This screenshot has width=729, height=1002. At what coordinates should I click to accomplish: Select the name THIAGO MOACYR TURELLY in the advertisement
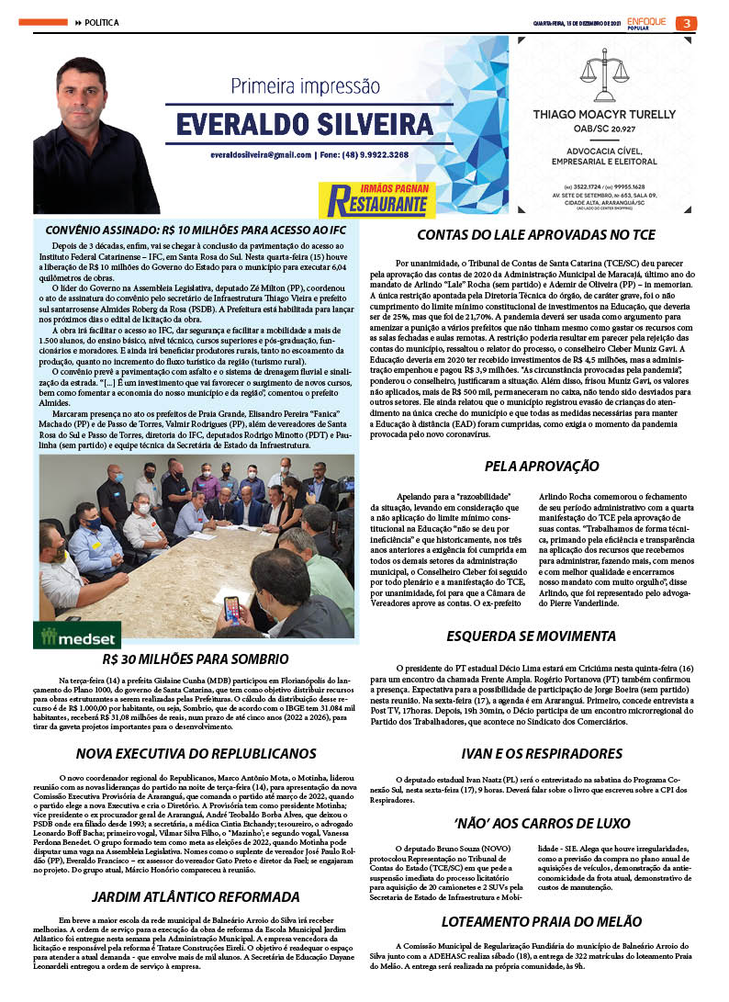tap(606, 115)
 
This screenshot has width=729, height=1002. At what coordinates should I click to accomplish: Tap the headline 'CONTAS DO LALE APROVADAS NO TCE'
tap(536, 235)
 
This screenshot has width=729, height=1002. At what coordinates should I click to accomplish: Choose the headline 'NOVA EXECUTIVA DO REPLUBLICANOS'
tap(196, 754)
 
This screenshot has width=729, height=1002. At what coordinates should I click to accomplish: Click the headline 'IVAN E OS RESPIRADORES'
tap(536, 754)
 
